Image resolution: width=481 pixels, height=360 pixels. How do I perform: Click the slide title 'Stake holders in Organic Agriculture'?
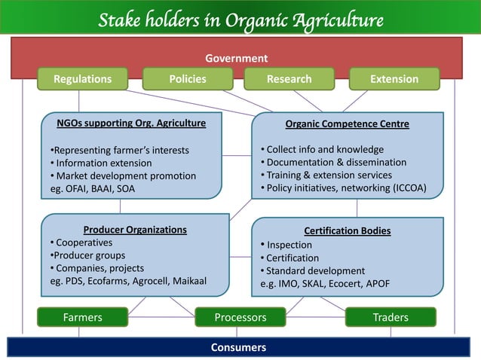click(240, 18)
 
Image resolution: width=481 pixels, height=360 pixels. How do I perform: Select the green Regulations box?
click(82, 79)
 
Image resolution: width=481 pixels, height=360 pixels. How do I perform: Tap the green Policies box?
click(188, 79)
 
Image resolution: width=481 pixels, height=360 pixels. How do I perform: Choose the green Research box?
click(289, 79)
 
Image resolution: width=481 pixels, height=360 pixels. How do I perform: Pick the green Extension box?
click(394, 79)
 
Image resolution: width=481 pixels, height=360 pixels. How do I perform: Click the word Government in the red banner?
click(237, 58)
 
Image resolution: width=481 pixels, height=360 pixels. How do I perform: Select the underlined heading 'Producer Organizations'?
click(135, 230)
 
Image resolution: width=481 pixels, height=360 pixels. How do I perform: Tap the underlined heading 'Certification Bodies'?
click(347, 230)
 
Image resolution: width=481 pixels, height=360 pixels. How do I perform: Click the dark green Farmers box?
click(82, 317)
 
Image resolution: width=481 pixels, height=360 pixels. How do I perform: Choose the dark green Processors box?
click(240, 317)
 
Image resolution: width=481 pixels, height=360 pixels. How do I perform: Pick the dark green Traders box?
click(390, 317)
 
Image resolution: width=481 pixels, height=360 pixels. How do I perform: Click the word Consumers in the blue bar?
click(239, 347)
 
